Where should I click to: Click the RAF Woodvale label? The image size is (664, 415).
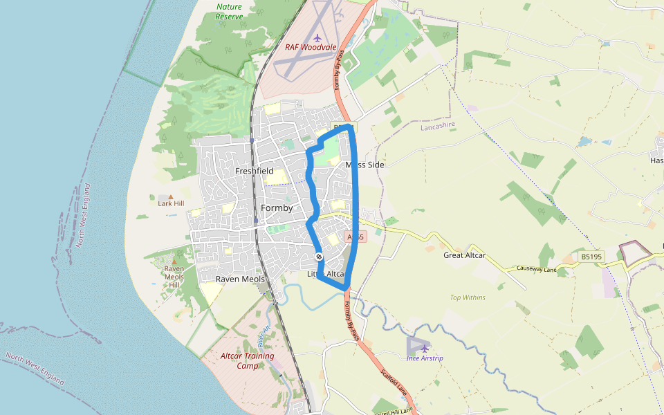coord(311,48)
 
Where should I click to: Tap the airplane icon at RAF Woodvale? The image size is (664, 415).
coord(317,37)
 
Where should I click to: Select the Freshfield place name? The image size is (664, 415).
coord(254,171)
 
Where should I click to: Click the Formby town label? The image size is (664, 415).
coord(277,208)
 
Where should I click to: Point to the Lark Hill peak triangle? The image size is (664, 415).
coord(171,197)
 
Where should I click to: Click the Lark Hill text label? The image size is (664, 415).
coord(171,204)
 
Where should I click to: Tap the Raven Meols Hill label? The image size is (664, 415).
coord(174,276)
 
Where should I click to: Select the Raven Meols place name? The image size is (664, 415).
coord(240,279)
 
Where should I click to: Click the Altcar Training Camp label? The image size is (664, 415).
coord(247,360)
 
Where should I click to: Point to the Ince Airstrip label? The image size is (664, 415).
coord(425,358)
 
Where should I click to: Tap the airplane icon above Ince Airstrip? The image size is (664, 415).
coord(425,349)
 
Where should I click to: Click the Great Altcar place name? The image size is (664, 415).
coord(464,255)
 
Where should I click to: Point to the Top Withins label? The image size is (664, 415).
coord(468,298)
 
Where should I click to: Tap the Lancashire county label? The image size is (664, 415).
coord(440,127)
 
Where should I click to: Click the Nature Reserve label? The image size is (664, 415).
coord(230,11)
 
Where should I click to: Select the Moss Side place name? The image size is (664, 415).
coord(365,165)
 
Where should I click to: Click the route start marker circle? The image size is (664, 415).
coord(319,257)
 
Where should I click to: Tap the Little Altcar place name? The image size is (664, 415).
coord(326,275)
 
